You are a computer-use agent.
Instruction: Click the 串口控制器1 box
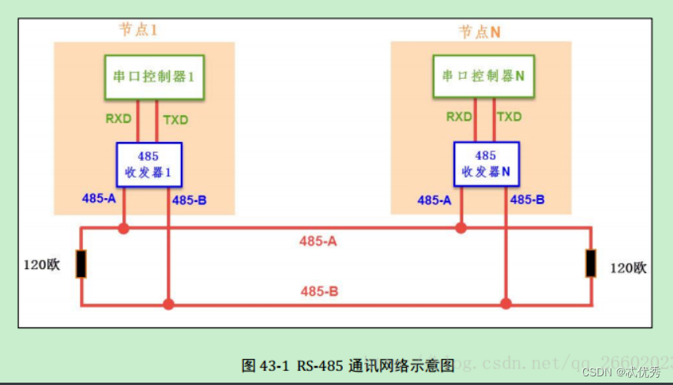(x=154, y=77)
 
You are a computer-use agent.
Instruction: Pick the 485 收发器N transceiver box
(x=485, y=164)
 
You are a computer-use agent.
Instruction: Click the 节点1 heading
(x=138, y=29)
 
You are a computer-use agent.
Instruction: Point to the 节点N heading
(x=480, y=32)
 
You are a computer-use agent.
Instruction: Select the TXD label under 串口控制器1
(x=175, y=120)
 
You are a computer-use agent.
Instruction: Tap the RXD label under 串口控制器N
(x=459, y=117)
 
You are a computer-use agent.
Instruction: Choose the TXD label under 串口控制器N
(x=509, y=117)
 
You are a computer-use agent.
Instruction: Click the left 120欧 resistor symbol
(x=81, y=264)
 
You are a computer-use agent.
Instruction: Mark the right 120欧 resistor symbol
(x=591, y=264)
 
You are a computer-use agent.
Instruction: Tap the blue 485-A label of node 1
(x=99, y=198)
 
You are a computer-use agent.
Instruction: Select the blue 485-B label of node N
(x=527, y=200)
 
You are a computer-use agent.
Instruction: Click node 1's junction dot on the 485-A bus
(x=123, y=228)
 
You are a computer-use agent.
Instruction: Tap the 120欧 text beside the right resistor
(x=629, y=268)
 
